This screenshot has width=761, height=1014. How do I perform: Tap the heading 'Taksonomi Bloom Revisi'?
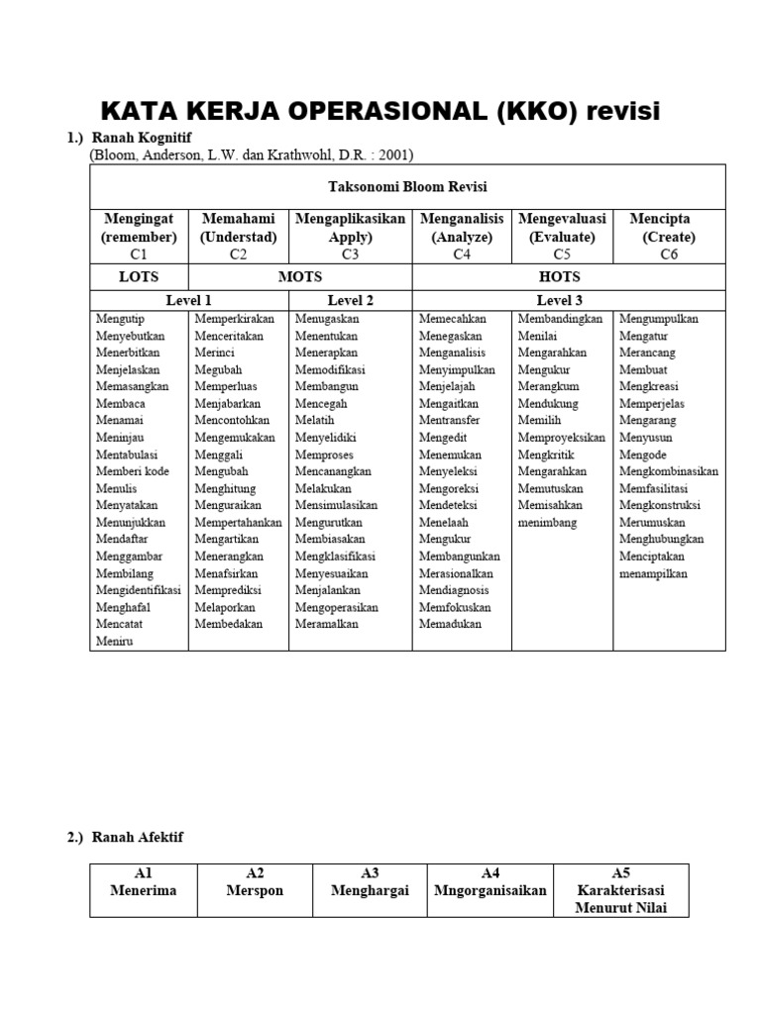pos(407,186)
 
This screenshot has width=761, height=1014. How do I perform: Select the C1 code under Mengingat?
pos(139,254)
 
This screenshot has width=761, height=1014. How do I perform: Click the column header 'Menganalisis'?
pos(462,219)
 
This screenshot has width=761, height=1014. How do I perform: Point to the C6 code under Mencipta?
pos(669,254)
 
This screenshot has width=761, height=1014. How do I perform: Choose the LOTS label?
pos(139,276)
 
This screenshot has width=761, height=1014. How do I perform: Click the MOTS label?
pos(299,276)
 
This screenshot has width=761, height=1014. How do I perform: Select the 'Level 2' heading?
pos(350,300)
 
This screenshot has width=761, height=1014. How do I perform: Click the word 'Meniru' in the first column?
pos(115,641)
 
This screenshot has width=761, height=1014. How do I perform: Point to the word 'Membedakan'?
pos(230,624)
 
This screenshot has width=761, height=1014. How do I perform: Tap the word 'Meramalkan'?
pos(327,624)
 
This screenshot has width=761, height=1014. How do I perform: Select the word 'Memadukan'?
pos(450,624)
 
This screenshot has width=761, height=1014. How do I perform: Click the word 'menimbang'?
pos(547,522)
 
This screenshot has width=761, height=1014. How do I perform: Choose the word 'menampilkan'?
pos(653,573)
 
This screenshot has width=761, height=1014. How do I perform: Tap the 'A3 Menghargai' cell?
pos(370,882)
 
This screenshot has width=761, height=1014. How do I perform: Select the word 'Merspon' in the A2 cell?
pos(255,890)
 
